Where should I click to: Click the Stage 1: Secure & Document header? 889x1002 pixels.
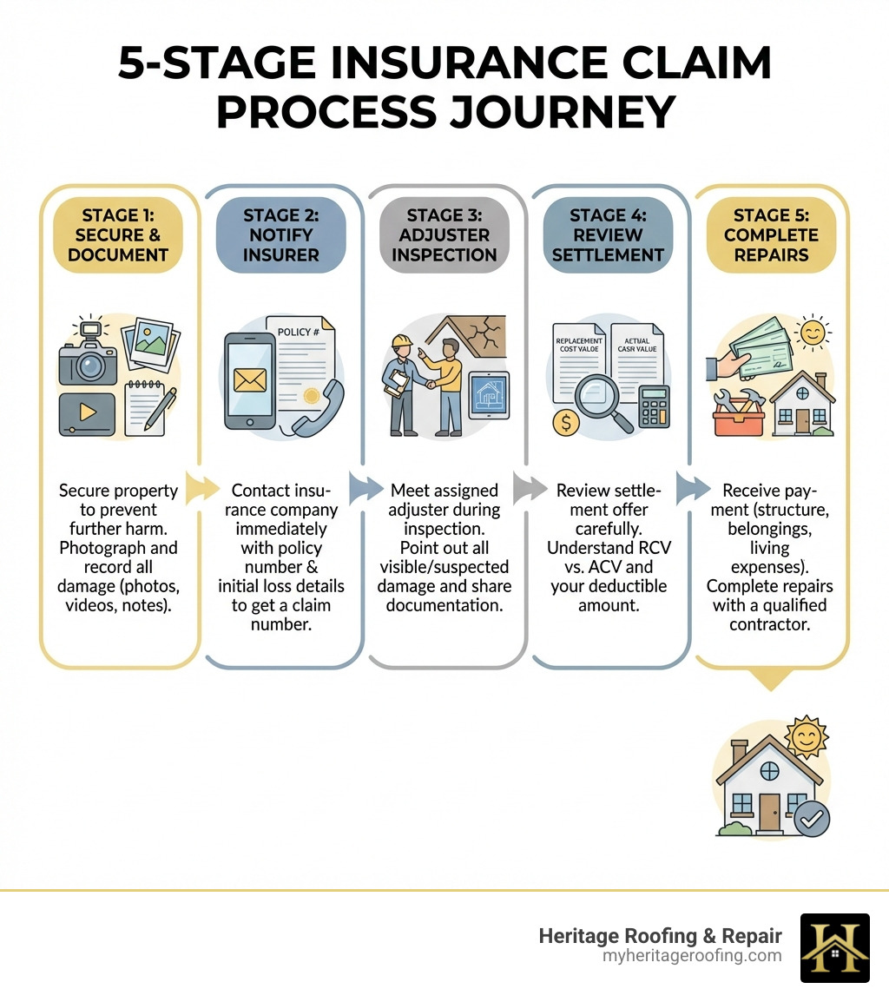[x=120, y=234]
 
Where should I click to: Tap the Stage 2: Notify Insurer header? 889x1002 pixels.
[x=280, y=234]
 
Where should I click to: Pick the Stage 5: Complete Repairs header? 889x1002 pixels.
[x=771, y=234]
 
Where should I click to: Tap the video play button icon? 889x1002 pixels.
[x=87, y=413]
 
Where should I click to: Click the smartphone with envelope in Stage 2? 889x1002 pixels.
[x=250, y=380]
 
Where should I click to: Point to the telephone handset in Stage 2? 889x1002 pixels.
[x=318, y=408]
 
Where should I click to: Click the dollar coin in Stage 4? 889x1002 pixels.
[x=566, y=423]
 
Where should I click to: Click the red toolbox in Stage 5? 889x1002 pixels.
[x=738, y=418]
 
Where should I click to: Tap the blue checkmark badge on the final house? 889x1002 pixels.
[x=813, y=817]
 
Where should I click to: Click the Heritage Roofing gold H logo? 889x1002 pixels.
[x=834, y=947]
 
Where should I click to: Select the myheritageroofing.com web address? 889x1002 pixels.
[x=692, y=956]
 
